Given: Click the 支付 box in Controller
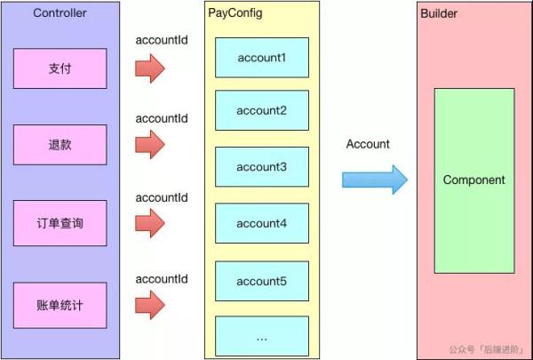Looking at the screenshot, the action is pos(60,68).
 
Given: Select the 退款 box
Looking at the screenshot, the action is pos(60,145).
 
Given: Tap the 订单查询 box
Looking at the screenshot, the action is pos(60,223).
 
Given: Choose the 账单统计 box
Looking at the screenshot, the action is pos(60,305).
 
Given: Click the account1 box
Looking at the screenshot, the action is pos(262,58).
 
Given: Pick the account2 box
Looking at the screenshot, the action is pos(262,110).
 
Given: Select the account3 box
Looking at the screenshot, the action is pos(262,167).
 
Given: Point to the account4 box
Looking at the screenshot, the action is pos(262,223).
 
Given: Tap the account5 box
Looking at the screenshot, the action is pos(262,281).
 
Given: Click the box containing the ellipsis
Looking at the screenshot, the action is pos(262,336).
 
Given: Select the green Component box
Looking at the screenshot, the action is pos(474,180).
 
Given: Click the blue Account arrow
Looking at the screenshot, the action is pos(375,180).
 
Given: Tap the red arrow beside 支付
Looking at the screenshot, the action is pos(150,68).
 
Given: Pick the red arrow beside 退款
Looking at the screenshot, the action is pos(150,144).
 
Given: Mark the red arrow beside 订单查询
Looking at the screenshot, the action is pos(150,223).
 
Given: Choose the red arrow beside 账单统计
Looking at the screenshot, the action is pos(150,305).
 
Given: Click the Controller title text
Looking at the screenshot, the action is pos(60,13).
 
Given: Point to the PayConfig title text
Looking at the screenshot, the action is pos(235,13).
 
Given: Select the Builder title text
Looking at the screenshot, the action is pos(439,13).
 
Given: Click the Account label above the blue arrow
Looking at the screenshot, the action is pos(368,144).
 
